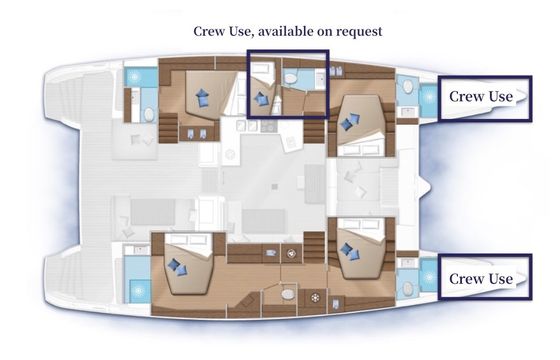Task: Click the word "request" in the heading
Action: click(359, 31)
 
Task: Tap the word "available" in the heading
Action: click(286, 31)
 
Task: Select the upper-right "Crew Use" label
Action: click(481, 96)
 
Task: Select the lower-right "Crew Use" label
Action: click(481, 279)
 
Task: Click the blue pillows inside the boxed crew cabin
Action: click(261, 99)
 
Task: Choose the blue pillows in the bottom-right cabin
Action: click(350, 251)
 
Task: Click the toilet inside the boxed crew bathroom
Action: click(290, 79)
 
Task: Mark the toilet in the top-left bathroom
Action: click(149, 115)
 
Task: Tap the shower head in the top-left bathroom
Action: click(134, 77)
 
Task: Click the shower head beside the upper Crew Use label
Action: click(429, 97)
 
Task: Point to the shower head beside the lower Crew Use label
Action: click(429, 277)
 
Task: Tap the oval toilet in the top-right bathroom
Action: click(408, 86)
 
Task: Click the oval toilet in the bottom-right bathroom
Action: click(407, 288)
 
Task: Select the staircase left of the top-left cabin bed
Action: click(168, 128)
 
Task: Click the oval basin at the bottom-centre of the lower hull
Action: click(288, 294)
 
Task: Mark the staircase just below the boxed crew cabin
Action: click(314, 131)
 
